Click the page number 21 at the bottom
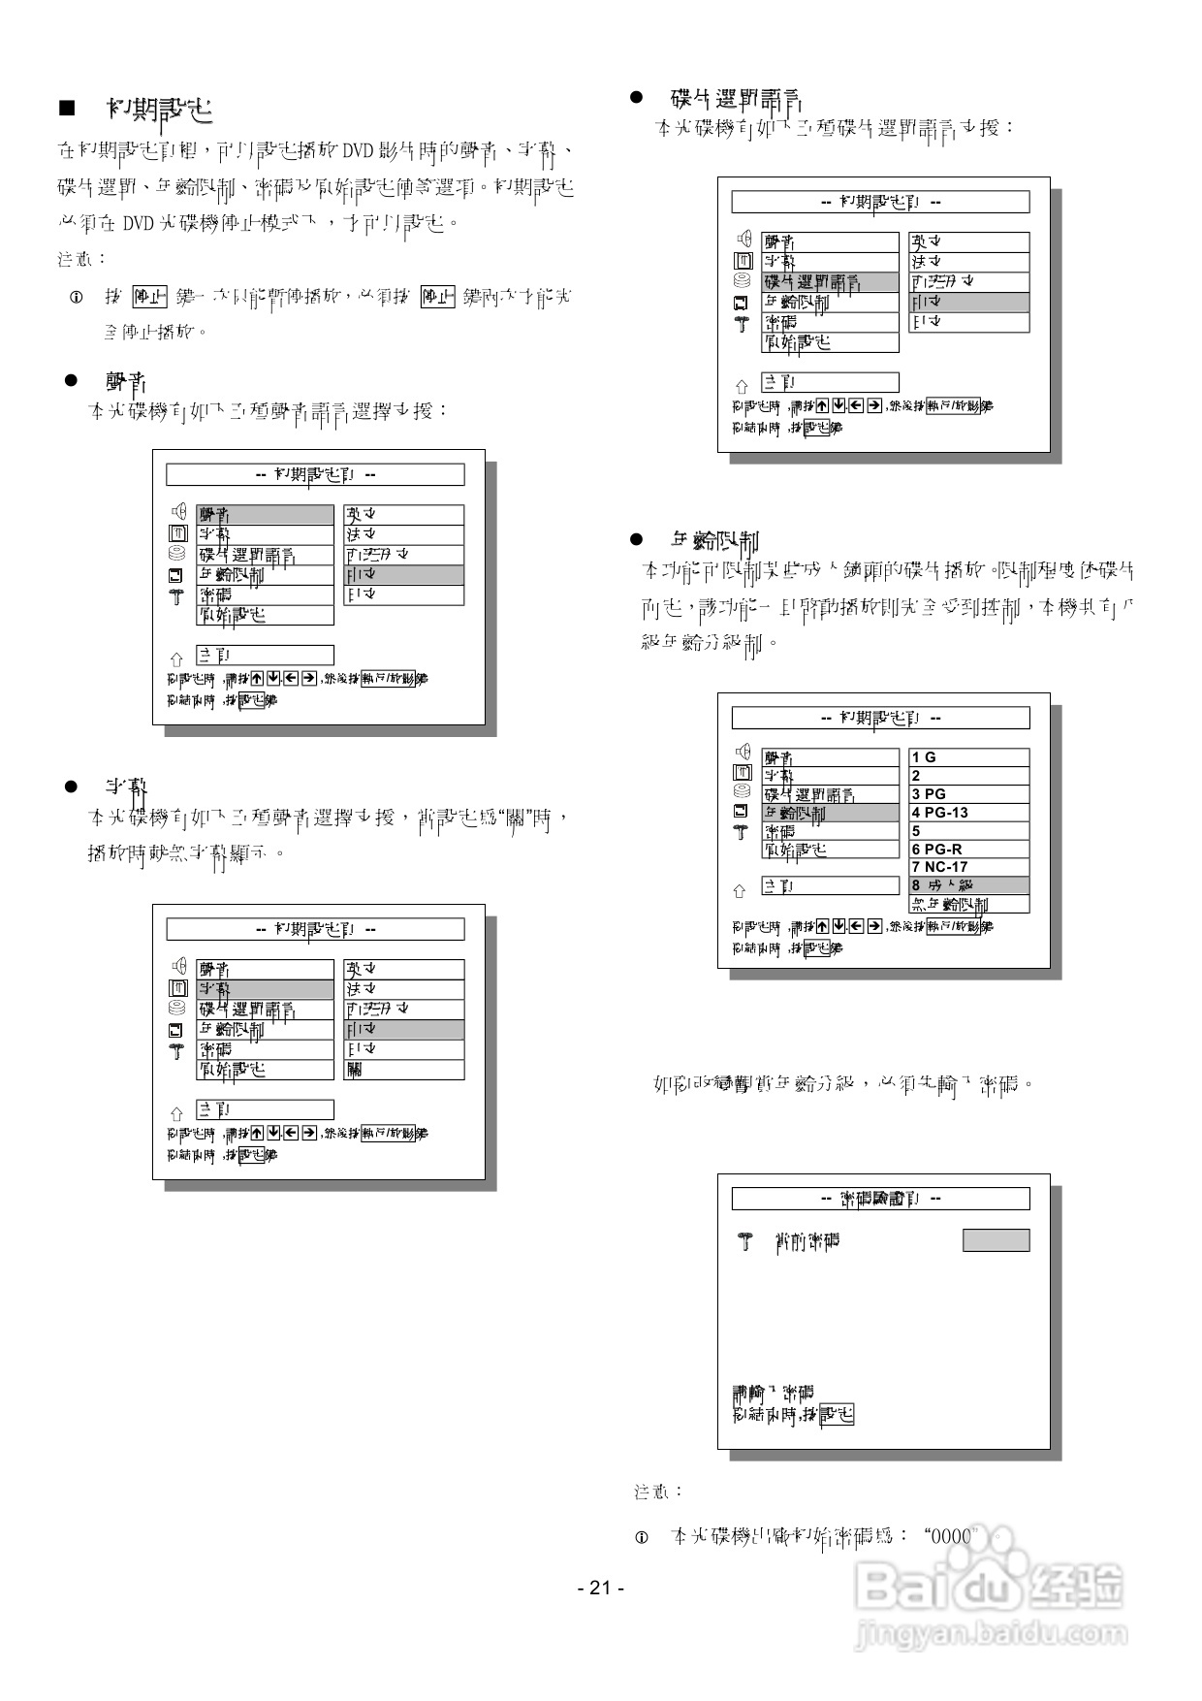(x=600, y=1588)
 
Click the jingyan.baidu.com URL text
(x=990, y=1634)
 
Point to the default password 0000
(x=949, y=1536)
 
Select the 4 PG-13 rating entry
(x=968, y=813)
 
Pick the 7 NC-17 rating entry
(x=968, y=867)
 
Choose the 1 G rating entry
(x=968, y=757)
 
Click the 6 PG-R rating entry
(x=968, y=849)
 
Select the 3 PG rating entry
(x=968, y=794)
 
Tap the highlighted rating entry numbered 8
(x=968, y=885)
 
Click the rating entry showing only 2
(x=968, y=776)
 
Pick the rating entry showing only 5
(x=968, y=831)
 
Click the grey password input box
(x=996, y=1240)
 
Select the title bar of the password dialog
(x=880, y=1199)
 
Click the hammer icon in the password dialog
(x=744, y=1240)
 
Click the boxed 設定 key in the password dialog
(x=837, y=1416)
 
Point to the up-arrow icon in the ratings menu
(x=741, y=889)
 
